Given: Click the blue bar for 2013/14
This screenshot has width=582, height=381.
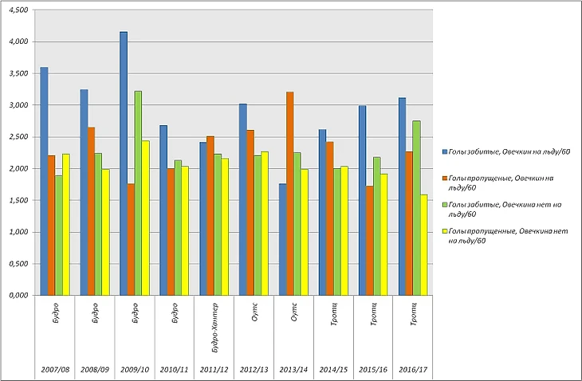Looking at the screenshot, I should click(x=283, y=239).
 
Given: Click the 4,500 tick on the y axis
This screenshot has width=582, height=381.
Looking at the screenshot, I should click(x=17, y=10).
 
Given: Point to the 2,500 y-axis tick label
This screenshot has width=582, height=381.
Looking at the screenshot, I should click(x=17, y=137).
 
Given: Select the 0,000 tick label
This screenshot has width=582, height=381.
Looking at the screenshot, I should click(x=17, y=296).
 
